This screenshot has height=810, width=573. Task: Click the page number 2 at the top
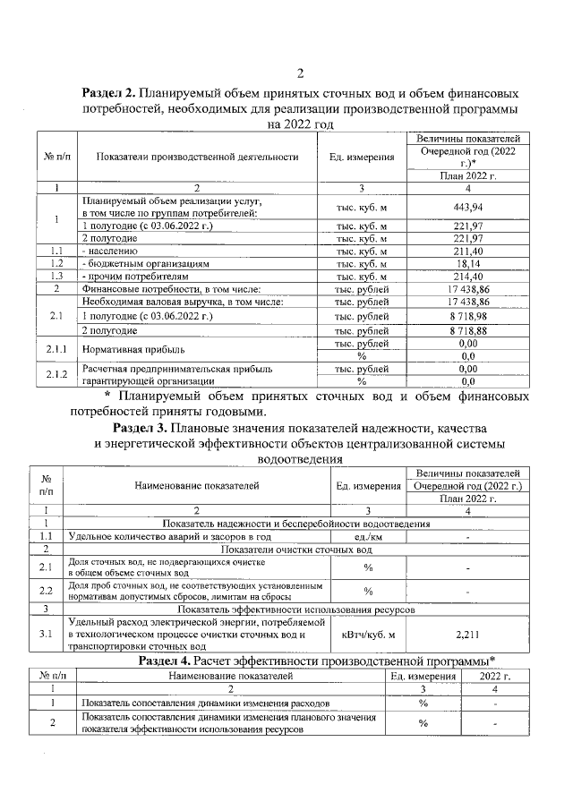pos(301,72)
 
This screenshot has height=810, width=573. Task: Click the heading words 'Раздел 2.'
pos(110,93)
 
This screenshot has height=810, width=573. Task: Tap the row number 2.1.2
pos(56,374)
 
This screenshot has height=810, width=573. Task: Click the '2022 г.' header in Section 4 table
pos(495,676)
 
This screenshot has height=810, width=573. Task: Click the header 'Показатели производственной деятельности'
pos(196,157)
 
